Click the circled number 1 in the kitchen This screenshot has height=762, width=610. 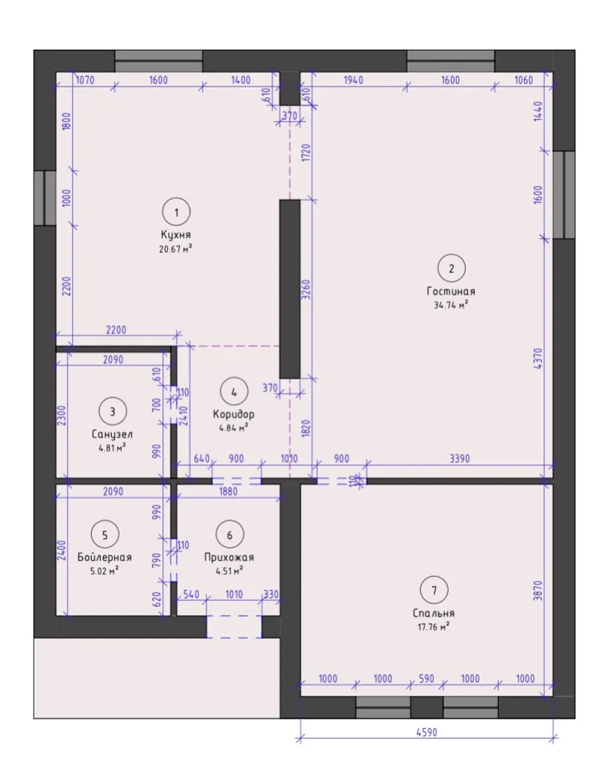pos(176,212)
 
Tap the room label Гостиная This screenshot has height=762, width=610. pos(451,291)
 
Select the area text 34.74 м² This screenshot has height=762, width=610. pos(451,305)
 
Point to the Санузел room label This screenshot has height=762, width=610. pos(112,434)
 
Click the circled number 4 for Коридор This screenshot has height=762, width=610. pos(234,392)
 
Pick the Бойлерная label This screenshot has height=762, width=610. pos(105,557)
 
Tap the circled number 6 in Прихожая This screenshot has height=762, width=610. pos(230,535)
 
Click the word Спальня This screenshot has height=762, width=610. pos(434,613)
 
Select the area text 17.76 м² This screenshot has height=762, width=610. pos(434,626)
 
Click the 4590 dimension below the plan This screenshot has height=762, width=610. pos(426,732)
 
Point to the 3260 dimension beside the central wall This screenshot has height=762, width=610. pos(305,289)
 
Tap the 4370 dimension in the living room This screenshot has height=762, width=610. pos(538,359)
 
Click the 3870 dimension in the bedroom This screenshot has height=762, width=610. pos(538,590)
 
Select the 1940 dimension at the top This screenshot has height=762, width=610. pos(353,80)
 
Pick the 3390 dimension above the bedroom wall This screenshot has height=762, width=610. pos(459,458)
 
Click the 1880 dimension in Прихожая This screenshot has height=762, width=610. pos(228,491)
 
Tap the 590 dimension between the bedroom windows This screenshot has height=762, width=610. pos(426,678)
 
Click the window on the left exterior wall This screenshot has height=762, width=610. pos(46,198)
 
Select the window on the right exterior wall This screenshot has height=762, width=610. pos(564,194)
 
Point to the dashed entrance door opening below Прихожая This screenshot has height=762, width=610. pos(234,627)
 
